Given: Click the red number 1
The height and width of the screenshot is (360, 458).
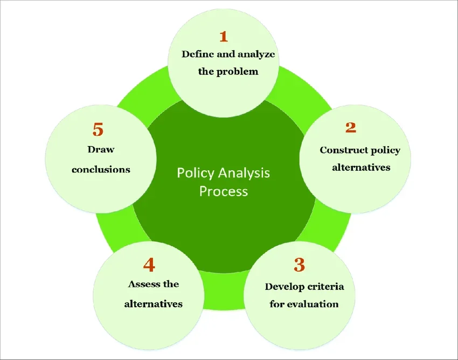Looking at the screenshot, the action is click(x=223, y=37).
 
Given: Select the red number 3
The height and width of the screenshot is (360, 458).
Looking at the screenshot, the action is click(x=300, y=265).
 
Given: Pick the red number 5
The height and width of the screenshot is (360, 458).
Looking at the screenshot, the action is click(x=98, y=129).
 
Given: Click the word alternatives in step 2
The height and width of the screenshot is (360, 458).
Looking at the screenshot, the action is click(x=361, y=167).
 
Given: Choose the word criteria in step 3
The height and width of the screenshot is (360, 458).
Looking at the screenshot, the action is click(x=326, y=286).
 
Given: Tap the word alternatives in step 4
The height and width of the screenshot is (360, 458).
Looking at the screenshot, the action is click(x=154, y=304).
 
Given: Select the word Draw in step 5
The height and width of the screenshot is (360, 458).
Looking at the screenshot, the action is click(x=101, y=149).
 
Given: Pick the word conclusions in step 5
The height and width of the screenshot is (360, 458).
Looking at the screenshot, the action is click(x=101, y=169).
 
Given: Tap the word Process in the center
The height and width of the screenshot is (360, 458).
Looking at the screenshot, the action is click(x=224, y=191).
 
